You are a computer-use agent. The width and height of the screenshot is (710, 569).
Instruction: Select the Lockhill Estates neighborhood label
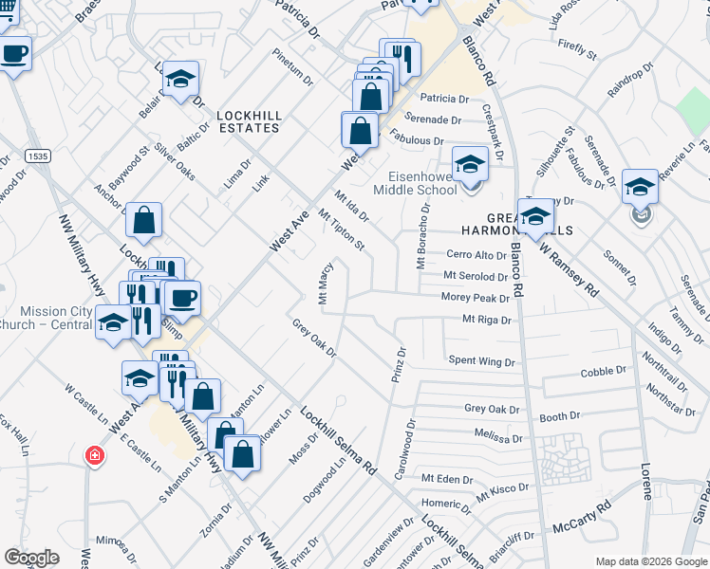pos(250,120)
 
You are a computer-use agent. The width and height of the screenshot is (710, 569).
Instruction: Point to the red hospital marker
pos(93,455)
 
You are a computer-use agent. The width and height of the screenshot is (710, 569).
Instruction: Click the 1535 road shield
pos(38,156)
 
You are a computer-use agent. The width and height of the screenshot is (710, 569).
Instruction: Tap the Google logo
pos(32,558)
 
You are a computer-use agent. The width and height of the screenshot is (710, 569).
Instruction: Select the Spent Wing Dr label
pos(481,361)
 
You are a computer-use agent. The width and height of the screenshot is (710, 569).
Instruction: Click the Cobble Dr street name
pos(604,372)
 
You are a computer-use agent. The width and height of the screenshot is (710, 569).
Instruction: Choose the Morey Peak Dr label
pos(476,297)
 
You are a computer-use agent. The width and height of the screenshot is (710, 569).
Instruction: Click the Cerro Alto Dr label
pos(477,255)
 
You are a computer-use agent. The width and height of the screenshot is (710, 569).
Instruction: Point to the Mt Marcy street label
pos(325,284)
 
